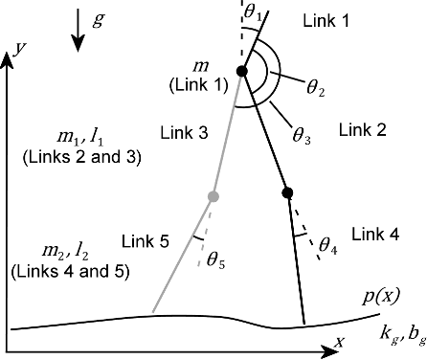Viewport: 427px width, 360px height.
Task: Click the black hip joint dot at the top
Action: click(241, 71)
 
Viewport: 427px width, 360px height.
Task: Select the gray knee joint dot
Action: click(213, 197)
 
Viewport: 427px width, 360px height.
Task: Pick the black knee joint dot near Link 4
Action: click(287, 193)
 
